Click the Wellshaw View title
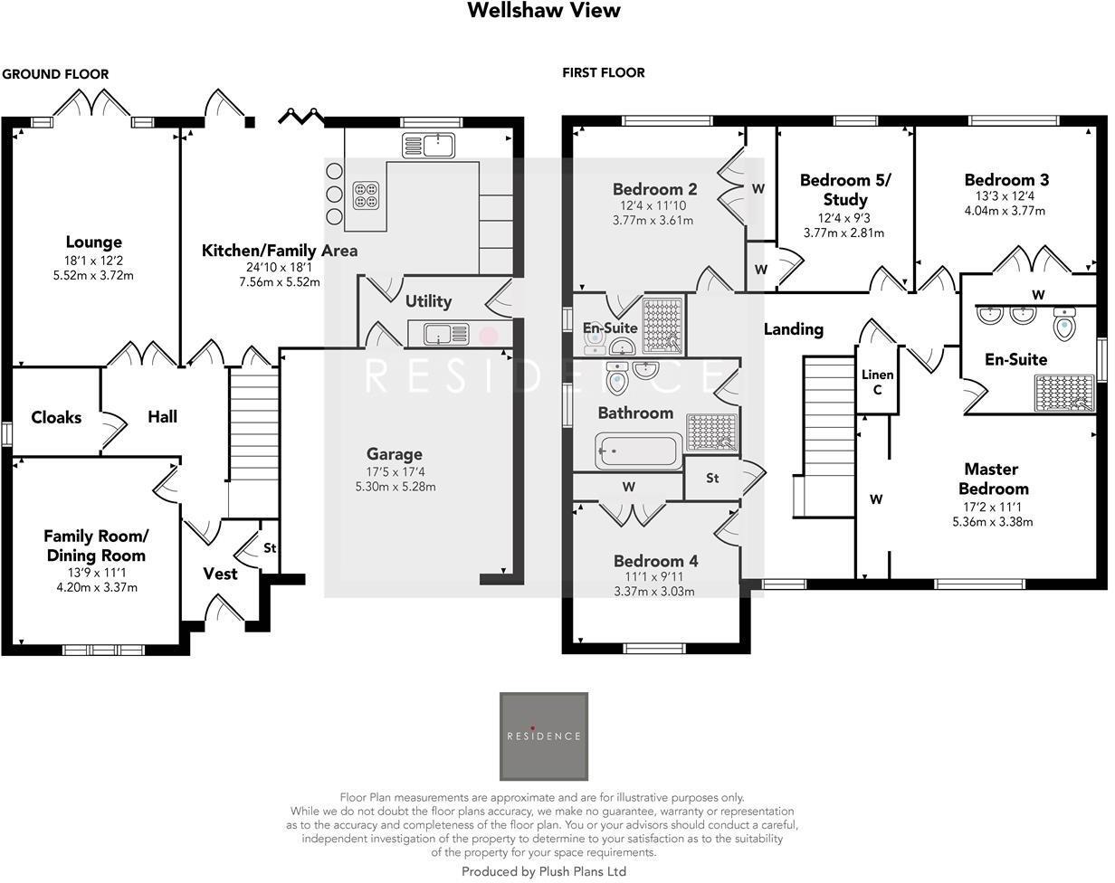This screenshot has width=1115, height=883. [x=543, y=11]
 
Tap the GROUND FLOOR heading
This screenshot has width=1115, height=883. [x=55, y=74]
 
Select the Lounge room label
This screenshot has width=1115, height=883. [x=93, y=242]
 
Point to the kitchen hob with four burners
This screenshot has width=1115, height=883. [x=367, y=195]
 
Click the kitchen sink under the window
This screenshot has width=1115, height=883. [x=429, y=144]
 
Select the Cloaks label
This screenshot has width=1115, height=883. [x=56, y=417]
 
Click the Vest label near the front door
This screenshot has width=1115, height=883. [x=220, y=574]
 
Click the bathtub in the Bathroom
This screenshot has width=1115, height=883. [x=639, y=451]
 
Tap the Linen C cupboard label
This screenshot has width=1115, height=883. [x=877, y=382]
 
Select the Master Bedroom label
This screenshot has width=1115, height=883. [x=991, y=479]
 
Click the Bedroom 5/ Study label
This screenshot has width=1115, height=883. [x=844, y=189]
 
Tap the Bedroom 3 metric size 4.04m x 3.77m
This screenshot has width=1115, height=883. [x=1005, y=211]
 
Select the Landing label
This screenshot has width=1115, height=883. [x=793, y=329]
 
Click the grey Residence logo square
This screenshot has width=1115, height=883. [x=543, y=736]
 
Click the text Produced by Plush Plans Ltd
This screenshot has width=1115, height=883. [x=543, y=871]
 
